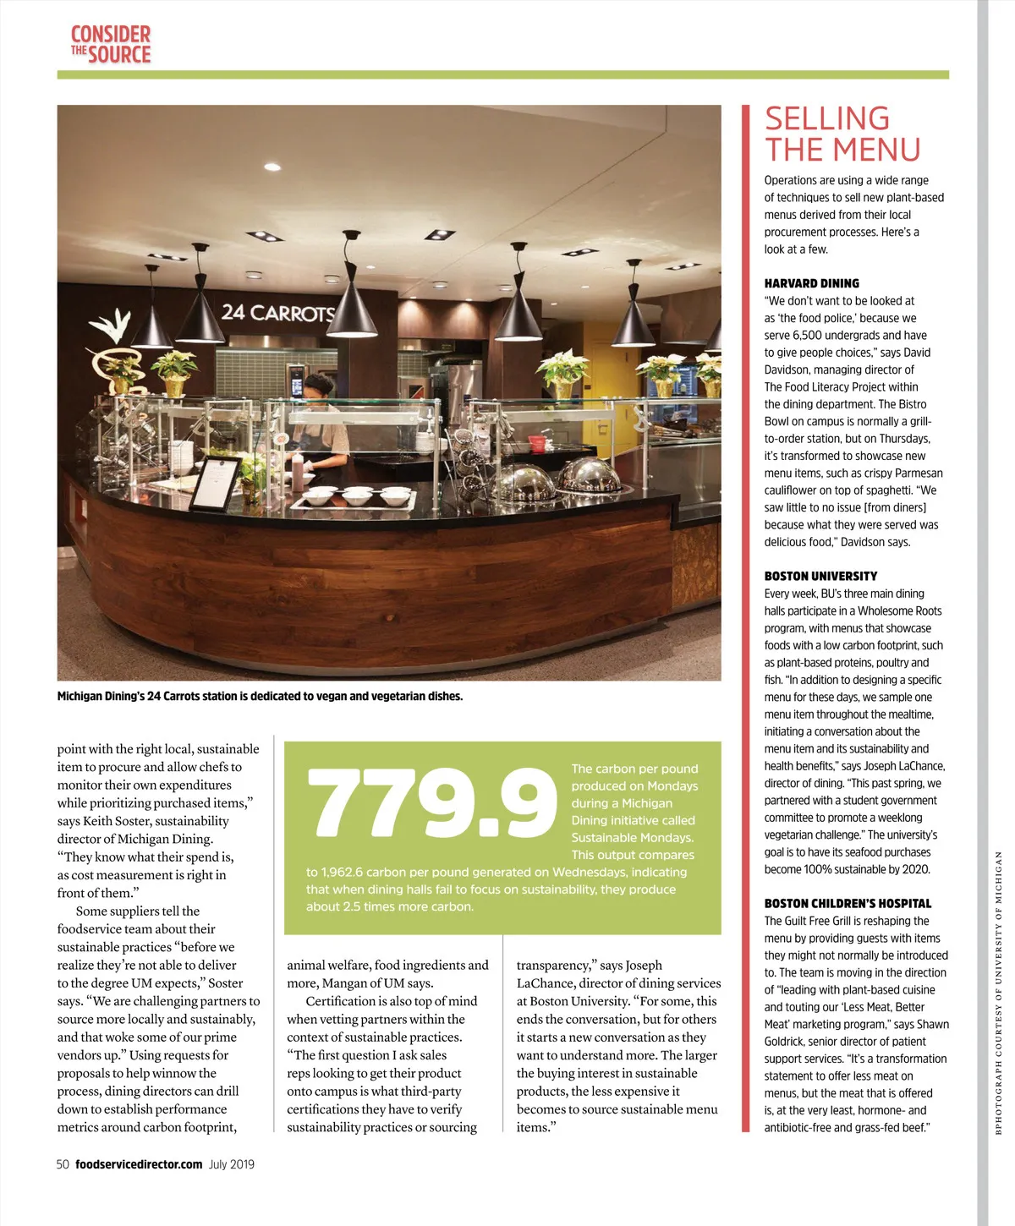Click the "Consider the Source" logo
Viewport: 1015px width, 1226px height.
click(x=111, y=45)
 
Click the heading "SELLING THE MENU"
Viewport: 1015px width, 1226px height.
click(x=842, y=134)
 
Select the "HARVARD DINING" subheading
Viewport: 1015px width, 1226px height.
click(x=811, y=283)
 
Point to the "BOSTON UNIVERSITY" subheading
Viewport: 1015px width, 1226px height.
click(x=820, y=576)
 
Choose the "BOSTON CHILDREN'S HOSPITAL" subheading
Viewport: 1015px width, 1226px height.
click(x=848, y=903)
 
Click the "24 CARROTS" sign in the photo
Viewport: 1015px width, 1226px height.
click(x=278, y=313)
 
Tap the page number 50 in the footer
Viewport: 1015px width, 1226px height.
click(x=63, y=1164)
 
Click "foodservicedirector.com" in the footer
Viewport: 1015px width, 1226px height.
click(x=139, y=1164)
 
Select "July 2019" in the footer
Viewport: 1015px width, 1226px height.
click(x=232, y=1164)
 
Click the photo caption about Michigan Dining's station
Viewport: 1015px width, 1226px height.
click(x=260, y=697)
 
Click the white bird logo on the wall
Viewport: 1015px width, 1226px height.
click(x=111, y=326)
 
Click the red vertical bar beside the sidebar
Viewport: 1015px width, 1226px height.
click(x=745, y=617)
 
